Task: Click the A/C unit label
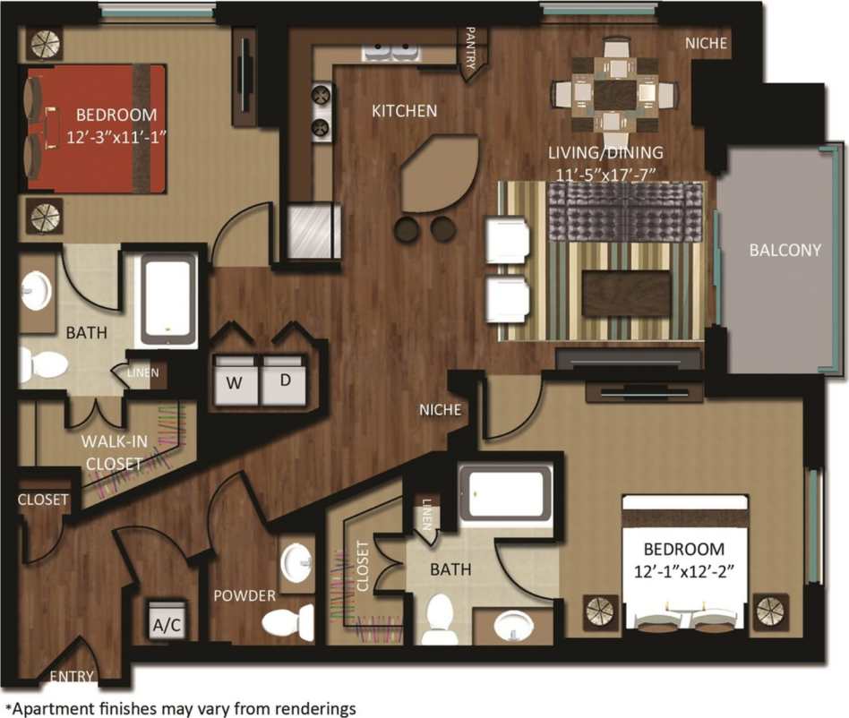click(167, 625)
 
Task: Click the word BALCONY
click(785, 251)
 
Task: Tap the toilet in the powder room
click(291, 620)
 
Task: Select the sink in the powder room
click(296, 562)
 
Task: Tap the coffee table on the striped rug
click(626, 293)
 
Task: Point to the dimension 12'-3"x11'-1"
click(116, 136)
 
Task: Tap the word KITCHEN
click(404, 111)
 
